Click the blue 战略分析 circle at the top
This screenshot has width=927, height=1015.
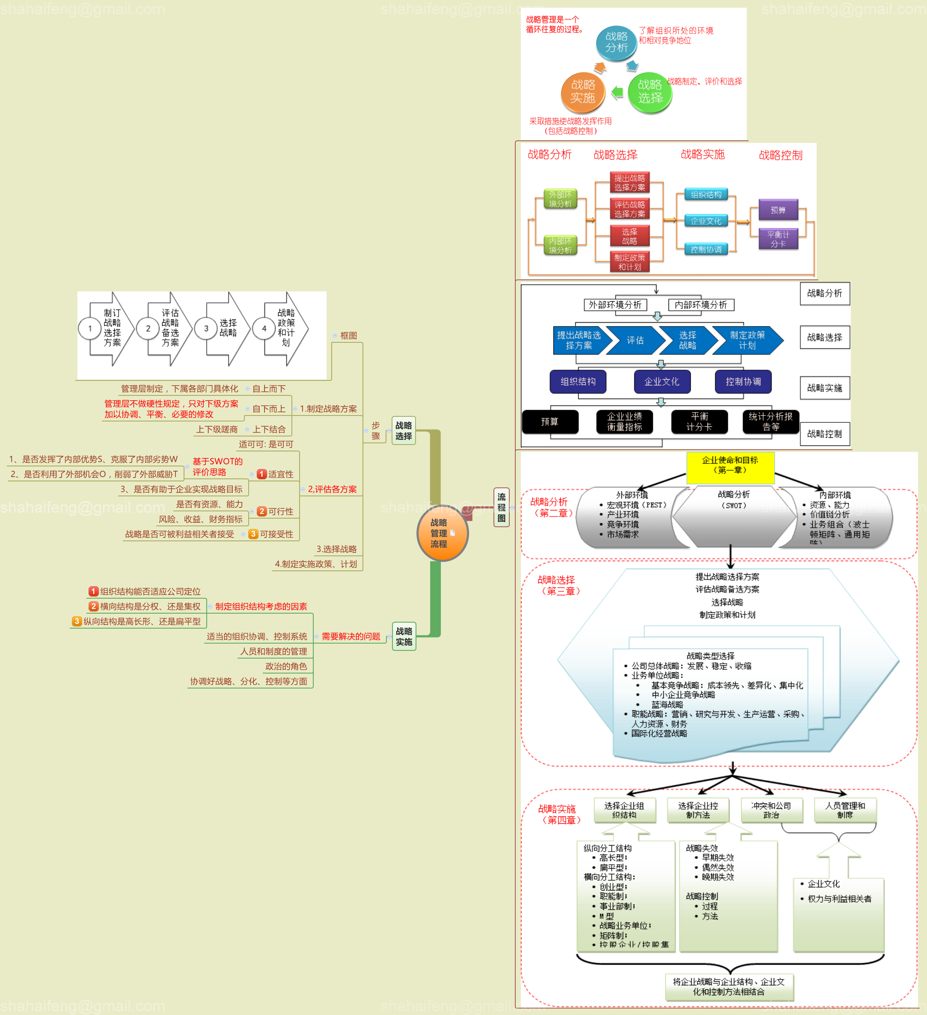click(616, 43)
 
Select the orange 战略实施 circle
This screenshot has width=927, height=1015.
click(582, 92)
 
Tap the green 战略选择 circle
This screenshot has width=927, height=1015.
click(650, 92)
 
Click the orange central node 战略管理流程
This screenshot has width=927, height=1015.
click(442, 533)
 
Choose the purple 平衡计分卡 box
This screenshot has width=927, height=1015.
click(778, 239)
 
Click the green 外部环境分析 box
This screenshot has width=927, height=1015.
click(560, 199)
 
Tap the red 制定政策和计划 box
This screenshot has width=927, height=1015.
click(630, 262)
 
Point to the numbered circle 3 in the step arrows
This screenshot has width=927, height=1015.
click(206, 329)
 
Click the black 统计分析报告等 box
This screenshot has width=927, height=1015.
click(770, 422)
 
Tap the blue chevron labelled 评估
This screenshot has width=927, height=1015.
click(635, 340)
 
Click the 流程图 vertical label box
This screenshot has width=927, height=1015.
click(502, 507)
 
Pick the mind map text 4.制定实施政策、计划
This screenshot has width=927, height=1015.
click(316, 564)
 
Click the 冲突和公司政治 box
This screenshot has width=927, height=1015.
click(771, 810)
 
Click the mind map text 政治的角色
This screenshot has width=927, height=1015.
click(286, 667)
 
